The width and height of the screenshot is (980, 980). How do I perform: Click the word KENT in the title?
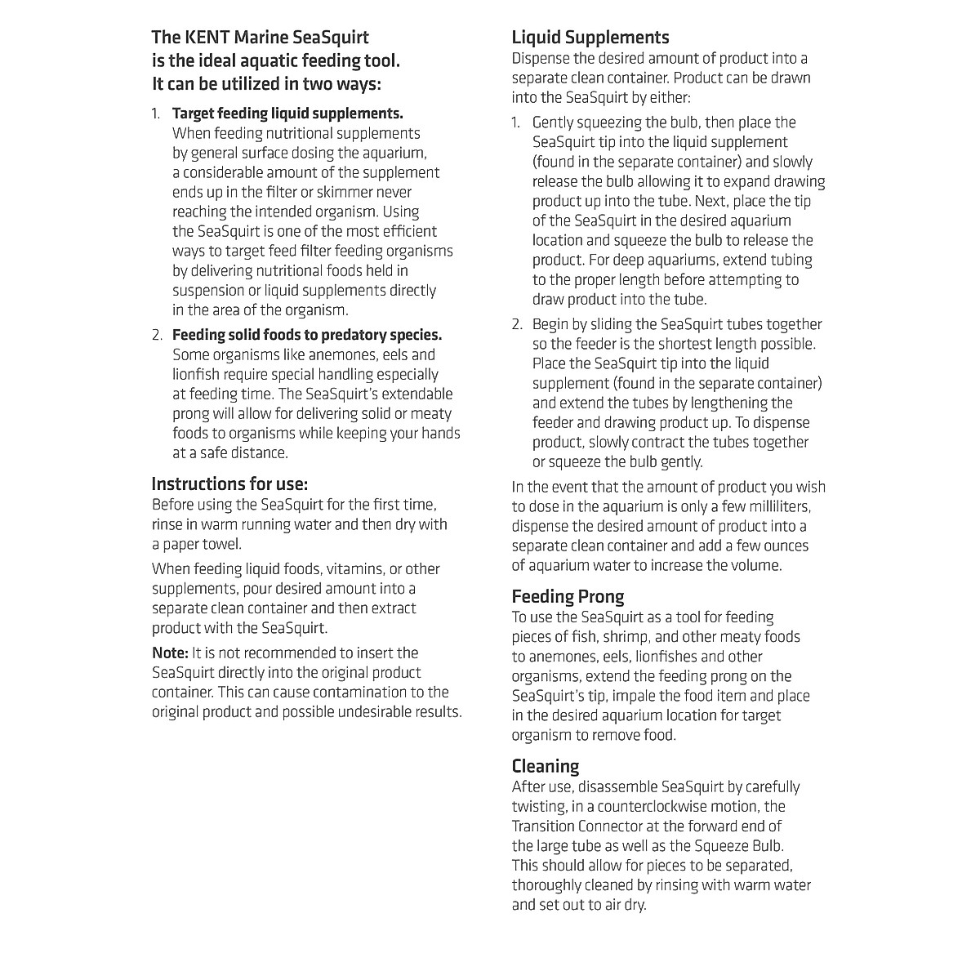(207, 38)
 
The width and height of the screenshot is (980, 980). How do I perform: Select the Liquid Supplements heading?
(590, 38)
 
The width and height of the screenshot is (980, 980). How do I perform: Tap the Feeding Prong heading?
(568, 596)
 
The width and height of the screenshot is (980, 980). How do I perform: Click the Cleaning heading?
(545, 766)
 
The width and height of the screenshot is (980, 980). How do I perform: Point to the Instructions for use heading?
(229, 483)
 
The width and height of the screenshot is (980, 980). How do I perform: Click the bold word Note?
(170, 653)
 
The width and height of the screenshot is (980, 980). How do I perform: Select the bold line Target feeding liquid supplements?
(287, 113)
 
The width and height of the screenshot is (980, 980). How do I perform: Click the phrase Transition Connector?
(588, 826)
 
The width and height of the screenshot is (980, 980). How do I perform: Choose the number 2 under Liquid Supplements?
(518, 324)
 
